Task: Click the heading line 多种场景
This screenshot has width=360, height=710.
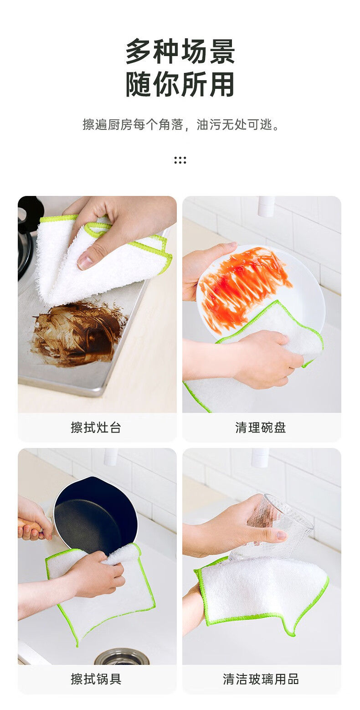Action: click(180, 51)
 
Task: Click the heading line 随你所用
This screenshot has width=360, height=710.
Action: click(180, 84)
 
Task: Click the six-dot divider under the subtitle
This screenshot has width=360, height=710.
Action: click(180, 160)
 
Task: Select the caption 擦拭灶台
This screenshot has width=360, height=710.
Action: click(96, 427)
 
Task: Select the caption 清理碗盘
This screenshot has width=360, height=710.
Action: click(261, 427)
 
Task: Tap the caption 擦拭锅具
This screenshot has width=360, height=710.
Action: click(96, 679)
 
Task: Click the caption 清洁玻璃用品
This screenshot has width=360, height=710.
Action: click(261, 679)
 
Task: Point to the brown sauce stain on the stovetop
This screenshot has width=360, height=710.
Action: click(77, 334)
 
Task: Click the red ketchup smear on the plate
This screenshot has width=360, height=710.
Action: click(244, 285)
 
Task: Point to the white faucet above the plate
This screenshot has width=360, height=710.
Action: click(266, 206)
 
